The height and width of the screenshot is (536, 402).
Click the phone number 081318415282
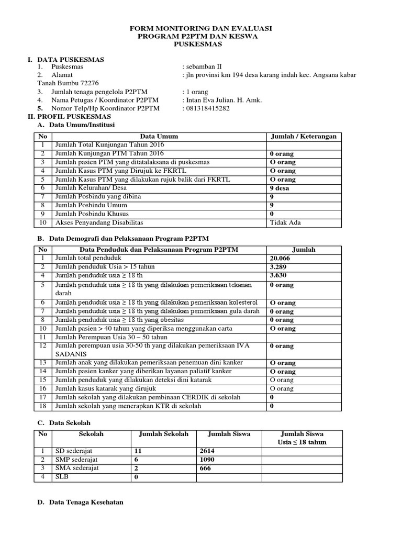point(207,108)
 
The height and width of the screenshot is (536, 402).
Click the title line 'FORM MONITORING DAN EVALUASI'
point(201,28)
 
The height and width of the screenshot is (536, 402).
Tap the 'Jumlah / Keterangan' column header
point(303,136)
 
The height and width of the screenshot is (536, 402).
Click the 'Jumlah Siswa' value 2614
point(207,451)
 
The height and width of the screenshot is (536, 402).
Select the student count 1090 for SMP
point(207,460)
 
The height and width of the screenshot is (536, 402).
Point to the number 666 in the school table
point(205,468)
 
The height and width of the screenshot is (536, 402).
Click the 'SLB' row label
point(61,477)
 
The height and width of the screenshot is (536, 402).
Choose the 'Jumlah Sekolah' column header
point(163,434)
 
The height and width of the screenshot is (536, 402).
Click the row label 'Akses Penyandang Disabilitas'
point(99,222)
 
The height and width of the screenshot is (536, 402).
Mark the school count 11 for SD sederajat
point(138,451)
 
